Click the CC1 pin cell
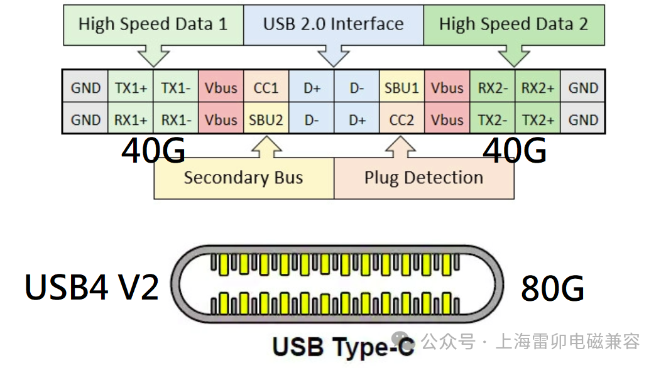coord(266,88)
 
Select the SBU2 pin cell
coord(266,119)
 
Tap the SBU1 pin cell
coord(402,88)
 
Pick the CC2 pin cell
coord(402,119)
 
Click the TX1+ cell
coord(131,88)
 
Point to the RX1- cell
coord(176,119)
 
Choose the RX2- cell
coord(493,88)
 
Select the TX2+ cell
coord(538,119)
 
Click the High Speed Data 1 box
coord(153,24)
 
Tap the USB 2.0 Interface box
coord(333,24)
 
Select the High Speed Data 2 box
coord(513,24)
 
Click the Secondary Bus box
coord(244,178)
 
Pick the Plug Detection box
coord(424,178)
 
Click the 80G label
coord(552,289)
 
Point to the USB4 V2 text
coord(92,286)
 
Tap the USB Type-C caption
coord(344,346)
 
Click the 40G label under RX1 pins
coord(153,151)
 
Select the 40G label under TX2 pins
coord(514,151)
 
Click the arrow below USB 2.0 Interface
coord(333,55)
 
